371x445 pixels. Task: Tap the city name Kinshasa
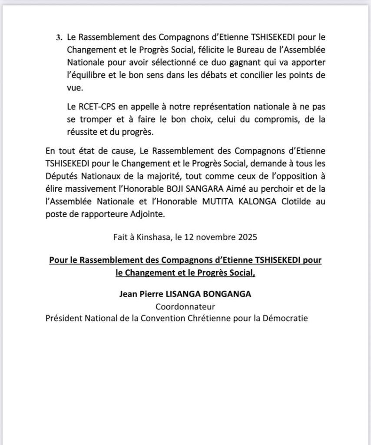click(x=158, y=238)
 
